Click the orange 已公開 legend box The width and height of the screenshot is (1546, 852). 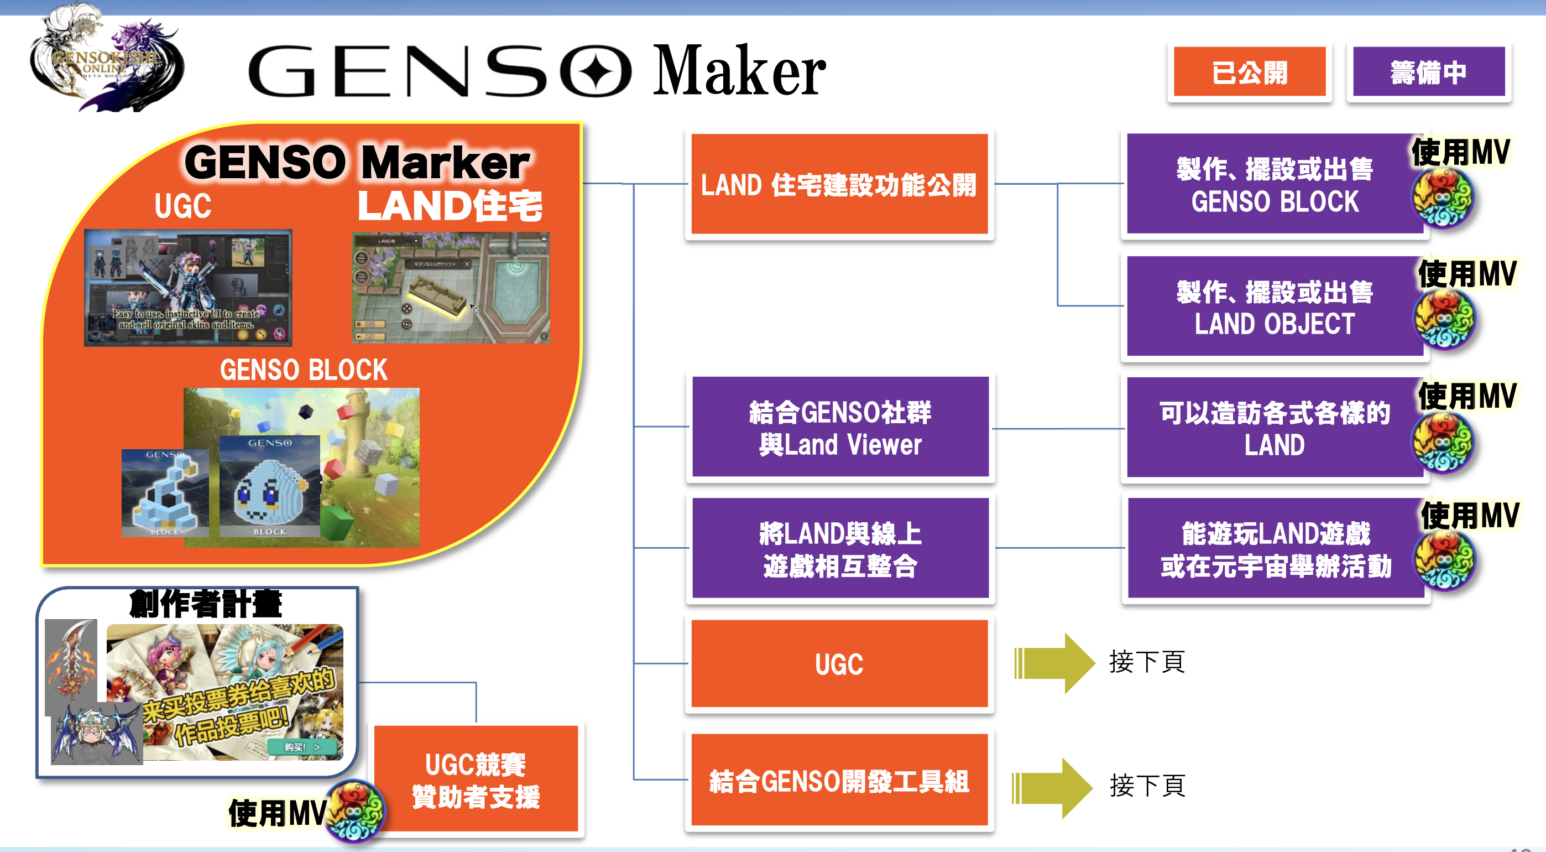(1249, 72)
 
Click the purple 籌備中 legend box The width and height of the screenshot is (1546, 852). (1428, 72)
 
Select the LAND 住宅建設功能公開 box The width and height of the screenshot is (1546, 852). (839, 184)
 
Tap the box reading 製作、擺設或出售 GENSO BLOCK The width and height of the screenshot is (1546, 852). (1274, 184)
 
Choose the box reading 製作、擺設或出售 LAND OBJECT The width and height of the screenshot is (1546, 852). (1274, 307)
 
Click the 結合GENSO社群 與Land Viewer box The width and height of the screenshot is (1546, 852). (839, 428)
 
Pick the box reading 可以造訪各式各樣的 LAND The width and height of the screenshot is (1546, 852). (1274, 428)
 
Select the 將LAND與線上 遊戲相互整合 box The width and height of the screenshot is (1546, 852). (839, 548)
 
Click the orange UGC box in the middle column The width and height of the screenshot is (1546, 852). (839, 664)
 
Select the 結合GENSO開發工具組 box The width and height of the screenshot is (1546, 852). (839, 781)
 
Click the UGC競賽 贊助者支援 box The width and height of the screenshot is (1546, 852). (476, 780)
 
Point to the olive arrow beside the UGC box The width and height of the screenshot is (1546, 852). (1054, 663)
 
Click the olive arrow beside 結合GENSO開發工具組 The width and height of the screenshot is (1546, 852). (1052, 788)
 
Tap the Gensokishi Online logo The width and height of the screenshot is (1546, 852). (106, 60)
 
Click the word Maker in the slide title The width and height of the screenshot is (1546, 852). (739, 71)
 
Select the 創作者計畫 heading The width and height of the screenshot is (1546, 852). (205, 604)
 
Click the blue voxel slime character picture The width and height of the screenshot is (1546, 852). (269, 486)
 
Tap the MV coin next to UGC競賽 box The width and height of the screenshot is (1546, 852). (356, 811)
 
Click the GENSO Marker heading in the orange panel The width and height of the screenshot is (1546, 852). (357, 162)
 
